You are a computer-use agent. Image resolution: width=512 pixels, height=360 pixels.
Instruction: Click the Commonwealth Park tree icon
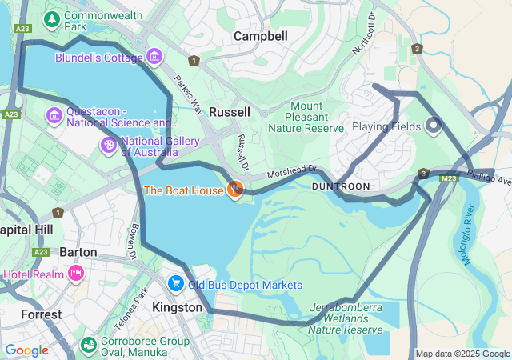tap(53, 18)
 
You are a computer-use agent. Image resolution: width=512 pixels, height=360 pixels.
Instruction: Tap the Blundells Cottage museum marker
tap(154, 56)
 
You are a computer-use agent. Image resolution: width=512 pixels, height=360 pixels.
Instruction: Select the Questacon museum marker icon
tap(54, 117)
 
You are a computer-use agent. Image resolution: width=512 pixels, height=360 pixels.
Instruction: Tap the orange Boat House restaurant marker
tap(234, 190)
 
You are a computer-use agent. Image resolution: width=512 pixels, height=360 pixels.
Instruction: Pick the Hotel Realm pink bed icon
tap(77, 274)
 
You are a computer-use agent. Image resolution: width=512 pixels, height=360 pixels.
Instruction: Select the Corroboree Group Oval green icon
tap(89, 345)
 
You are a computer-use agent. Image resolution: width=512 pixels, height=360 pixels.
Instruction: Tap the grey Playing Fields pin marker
tap(434, 126)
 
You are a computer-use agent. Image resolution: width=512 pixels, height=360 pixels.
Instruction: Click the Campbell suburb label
tap(260, 36)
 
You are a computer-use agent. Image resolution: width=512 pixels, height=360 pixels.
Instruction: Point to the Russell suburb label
tap(230, 112)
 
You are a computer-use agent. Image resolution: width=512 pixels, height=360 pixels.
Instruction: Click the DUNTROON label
tap(341, 186)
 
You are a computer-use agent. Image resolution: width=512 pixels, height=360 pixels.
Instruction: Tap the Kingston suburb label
tap(177, 307)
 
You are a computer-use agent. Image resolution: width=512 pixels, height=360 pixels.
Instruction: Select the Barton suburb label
tap(78, 252)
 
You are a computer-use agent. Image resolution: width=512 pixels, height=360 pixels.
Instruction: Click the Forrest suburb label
tap(41, 314)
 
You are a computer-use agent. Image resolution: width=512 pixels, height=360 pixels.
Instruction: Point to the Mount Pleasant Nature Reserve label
tap(306, 117)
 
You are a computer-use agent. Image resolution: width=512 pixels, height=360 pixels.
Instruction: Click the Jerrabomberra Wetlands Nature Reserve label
tap(346, 318)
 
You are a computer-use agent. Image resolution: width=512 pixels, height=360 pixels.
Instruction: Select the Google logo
tap(27, 350)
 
